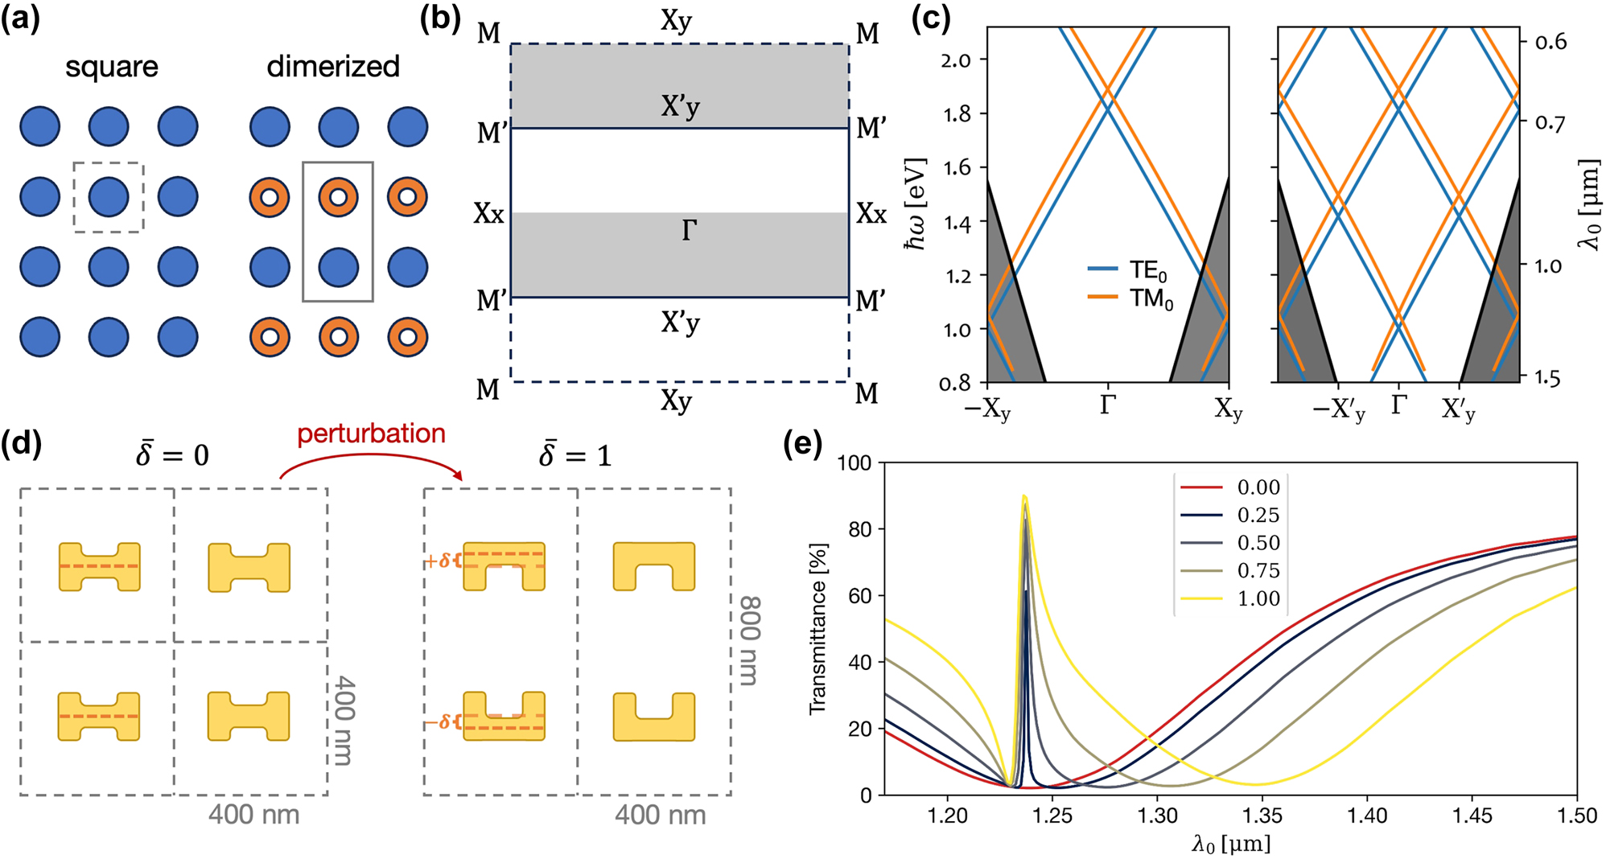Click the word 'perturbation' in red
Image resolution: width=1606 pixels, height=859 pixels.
pyautogui.click(x=371, y=434)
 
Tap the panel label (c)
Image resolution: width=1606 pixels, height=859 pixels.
pyautogui.click(x=931, y=18)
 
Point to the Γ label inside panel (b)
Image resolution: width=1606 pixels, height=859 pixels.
pyautogui.click(x=689, y=232)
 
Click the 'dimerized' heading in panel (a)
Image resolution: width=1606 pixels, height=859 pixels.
pyautogui.click(x=333, y=66)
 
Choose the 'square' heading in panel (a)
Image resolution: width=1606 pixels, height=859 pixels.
pyautogui.click(x=111, y=66)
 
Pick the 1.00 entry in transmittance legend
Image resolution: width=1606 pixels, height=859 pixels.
pyautogui.click(x=1258, y=598)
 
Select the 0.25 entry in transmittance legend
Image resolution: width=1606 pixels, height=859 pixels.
pyautogui.click(x=1258, y=515)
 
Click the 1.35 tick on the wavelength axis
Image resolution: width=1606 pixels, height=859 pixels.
pyautogui.click(x=1262, y=816)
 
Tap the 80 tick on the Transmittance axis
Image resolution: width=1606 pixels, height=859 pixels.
pyautogui.click(x=860, y=529)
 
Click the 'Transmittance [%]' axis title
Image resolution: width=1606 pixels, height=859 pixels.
pyautogui.click(x=817, y=628)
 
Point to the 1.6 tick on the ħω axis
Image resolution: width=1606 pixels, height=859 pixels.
pyautogui.click(x=956, y=167)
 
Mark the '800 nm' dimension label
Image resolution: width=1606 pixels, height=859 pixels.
pyautogui.click(x=749, y=640)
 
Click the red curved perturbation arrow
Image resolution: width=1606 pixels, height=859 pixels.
pyautogui.click(x=372, y=458)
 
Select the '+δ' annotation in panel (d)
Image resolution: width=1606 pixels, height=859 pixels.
pyautogui.click(x=439, y=561)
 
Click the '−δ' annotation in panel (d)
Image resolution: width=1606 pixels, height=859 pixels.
pyautogui.click(x=439, y=722)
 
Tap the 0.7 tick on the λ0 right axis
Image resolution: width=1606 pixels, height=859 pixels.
pyautogui.click(x=1550, y=123)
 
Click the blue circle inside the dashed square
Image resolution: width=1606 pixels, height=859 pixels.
pyautogui.click(x=109, y=197)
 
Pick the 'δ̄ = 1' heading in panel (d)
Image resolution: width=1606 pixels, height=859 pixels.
pyautogui.click(x=574, y=455)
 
